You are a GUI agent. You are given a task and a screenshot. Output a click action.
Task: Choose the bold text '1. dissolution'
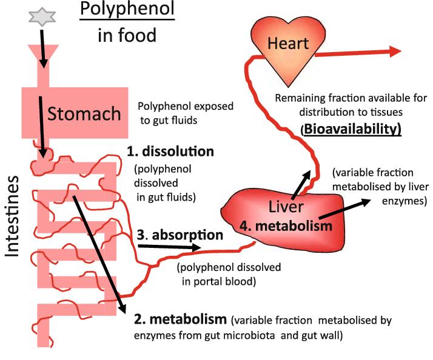170,150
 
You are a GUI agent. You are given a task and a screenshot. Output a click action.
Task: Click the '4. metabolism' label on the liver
294,225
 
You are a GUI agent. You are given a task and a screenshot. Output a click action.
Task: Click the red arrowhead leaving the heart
394,51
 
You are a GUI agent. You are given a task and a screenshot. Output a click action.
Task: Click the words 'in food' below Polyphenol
126,36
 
